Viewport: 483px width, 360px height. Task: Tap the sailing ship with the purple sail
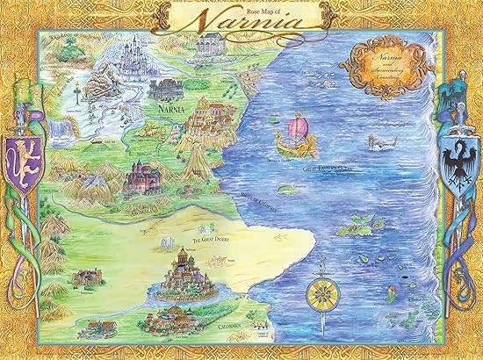[x=295, y=139]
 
